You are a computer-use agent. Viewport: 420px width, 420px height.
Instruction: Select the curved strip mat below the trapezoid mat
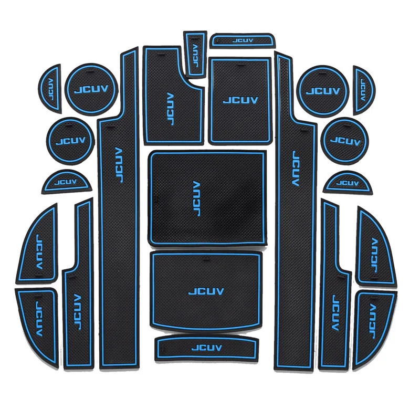coord(207,347)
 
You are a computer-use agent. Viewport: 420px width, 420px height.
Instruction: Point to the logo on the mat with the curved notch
coord(170,109)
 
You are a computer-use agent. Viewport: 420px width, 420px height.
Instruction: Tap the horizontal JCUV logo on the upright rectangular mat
coord(240,100)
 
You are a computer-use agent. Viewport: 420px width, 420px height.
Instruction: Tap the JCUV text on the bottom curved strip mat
coord(207,347)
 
